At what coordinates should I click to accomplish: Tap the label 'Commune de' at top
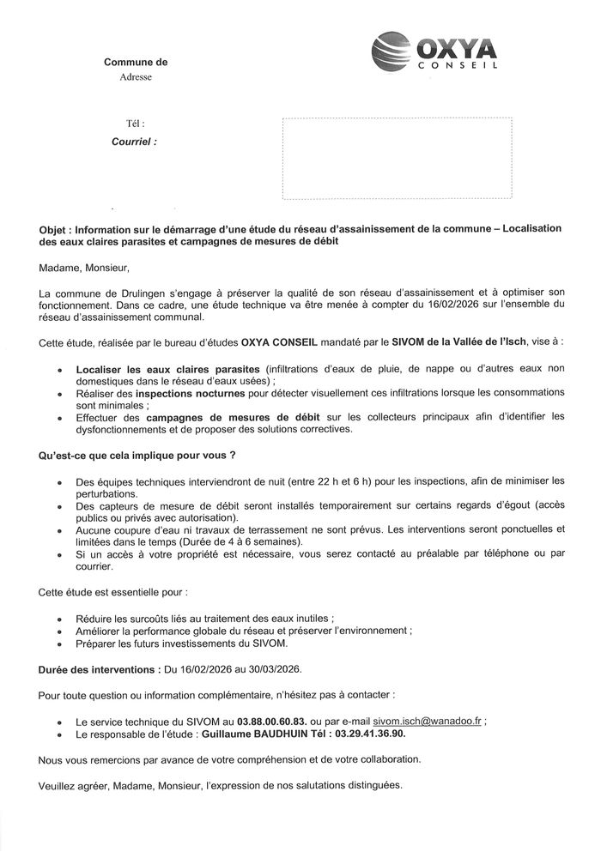tap(136, 62)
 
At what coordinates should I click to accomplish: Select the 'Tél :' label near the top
tap(136, 124)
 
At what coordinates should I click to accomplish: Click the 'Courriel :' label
tap(135, 142)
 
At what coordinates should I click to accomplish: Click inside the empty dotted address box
tap(397, 160)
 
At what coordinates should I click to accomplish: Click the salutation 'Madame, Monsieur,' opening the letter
tap(79, 269)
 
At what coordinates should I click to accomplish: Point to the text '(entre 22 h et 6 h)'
tap(339, 481)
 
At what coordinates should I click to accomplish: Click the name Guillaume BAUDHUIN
tap(256, 736)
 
